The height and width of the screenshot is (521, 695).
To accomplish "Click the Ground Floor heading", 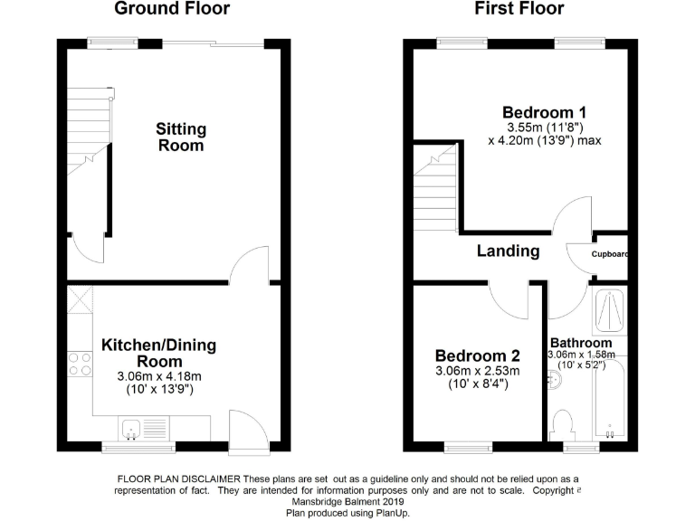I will click(x=171, y=9).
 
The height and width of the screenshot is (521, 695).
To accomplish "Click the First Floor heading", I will click(x=519, y=9).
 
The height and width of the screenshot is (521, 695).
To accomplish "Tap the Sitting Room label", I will click(x=181, y=137).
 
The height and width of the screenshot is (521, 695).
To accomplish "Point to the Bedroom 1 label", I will click(x=545, y=113).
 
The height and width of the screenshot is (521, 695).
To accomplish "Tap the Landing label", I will click(x=508, y=251).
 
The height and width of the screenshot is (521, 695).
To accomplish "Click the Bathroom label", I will click(x=581, y=344).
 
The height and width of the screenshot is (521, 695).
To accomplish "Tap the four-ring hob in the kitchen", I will click(x=80, y=365).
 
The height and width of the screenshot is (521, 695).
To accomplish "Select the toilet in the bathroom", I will click(x=563, y=424).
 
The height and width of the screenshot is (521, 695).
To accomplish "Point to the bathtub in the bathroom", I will click(x=611, y=398).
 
